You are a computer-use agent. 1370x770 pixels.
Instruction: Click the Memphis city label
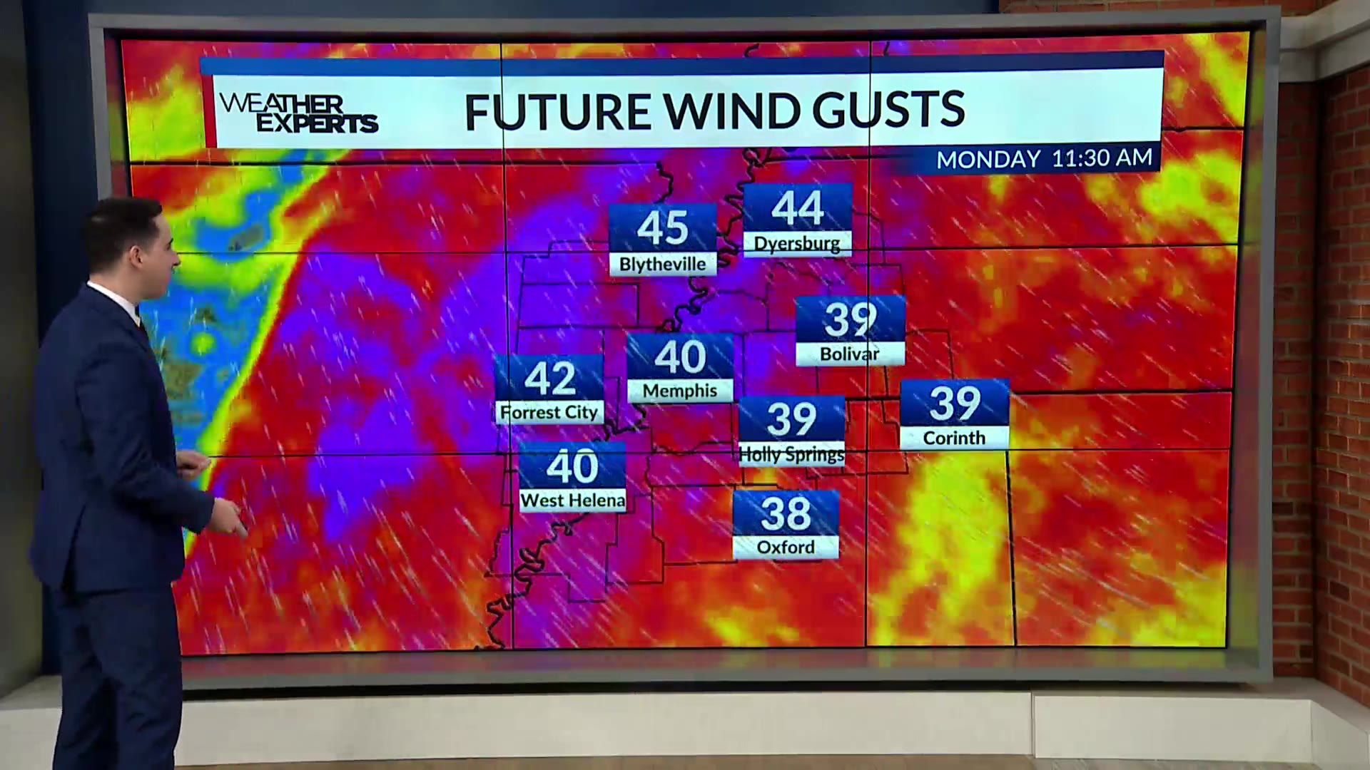(680, 391)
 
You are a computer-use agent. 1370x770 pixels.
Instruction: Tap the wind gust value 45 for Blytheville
(662, 228)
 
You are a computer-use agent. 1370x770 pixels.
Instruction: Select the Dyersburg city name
(797, 243)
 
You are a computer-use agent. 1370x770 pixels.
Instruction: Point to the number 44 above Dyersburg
(798, 207)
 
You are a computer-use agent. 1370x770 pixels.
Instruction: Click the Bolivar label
(849, 354)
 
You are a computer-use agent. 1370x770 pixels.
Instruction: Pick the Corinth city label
(954, 438)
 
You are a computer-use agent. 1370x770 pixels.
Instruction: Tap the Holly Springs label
(792, 454)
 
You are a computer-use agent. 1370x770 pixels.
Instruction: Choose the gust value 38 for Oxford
(786, 513)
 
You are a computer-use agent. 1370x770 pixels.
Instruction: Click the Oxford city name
(786, 547)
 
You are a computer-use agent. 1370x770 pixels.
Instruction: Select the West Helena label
(572, 500)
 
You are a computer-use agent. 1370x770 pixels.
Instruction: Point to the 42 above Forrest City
(549, 379)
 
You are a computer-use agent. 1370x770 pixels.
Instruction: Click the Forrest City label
(549, 412)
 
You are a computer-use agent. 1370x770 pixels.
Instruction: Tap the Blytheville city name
(662, 264)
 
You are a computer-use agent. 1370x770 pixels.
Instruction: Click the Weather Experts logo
(298, 113)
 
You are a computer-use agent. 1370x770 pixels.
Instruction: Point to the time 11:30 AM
(1102, 158)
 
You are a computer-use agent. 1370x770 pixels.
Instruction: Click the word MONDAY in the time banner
(988, 159)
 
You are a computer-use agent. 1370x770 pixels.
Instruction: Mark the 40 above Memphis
(680, 356)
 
